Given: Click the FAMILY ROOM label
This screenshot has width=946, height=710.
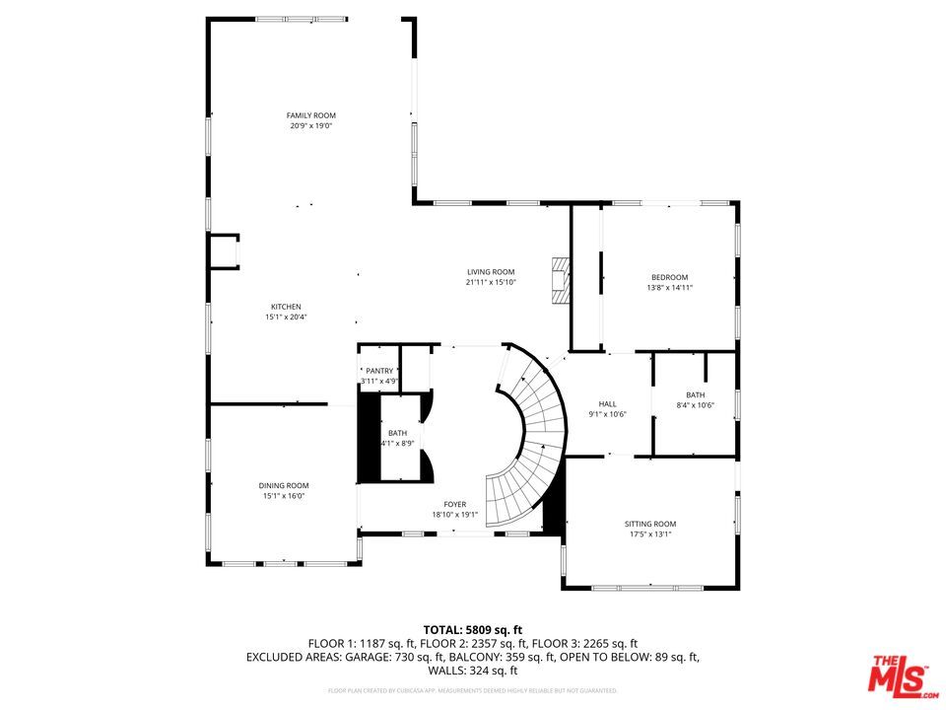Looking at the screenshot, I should pos(310,115).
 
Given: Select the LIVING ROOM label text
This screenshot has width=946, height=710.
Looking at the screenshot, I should pos(491,272).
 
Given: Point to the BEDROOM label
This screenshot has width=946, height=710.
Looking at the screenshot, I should pos(669,277).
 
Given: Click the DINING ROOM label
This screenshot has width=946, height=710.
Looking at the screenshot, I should pos(284,485).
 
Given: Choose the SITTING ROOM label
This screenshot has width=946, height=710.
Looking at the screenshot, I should pos(650,524).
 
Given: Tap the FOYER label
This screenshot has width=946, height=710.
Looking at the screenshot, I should pos(454,504).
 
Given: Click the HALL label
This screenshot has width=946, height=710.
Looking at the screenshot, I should pos(608,403).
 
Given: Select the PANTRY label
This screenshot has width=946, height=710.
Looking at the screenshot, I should pos(379,371).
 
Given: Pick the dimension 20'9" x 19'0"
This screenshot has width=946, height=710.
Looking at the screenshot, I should pos(310,126).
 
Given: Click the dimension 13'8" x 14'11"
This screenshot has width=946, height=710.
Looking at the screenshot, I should pos(669,288).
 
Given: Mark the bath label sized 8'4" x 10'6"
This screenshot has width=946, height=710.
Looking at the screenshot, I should pos(695,394).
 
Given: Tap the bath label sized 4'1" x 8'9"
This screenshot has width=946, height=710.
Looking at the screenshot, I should pos(398,433).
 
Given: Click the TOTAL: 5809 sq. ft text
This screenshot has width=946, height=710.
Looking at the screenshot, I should pos(472,629).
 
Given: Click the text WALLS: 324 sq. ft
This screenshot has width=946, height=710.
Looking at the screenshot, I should pos(472,671).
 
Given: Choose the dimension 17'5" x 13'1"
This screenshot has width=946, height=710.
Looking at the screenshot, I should pos(650,534).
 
